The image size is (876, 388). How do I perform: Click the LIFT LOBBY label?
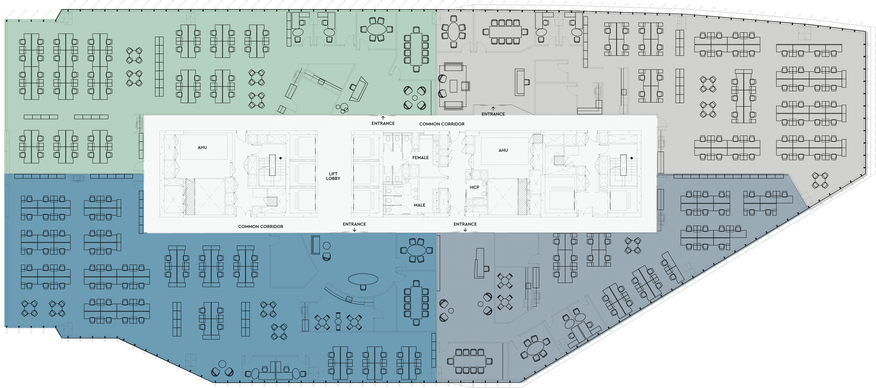[333, 176]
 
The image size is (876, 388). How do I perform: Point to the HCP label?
[474, 187]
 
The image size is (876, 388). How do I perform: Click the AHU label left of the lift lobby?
[202, 147]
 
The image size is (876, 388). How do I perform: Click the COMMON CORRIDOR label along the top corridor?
[442, 124]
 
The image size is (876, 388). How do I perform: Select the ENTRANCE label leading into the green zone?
[383, 123]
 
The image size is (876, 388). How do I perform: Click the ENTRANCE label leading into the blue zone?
[354, 224]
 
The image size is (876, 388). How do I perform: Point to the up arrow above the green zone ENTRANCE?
[383, 118]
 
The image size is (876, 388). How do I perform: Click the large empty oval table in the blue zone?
[363, 280]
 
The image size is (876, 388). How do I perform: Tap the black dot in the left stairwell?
[281, 158]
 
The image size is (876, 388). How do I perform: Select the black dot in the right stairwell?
[632, 158]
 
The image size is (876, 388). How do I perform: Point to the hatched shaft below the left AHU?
[190, 197]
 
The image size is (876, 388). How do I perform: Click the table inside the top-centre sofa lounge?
[453, 86]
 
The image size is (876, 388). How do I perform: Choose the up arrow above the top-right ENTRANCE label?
[493, 108]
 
